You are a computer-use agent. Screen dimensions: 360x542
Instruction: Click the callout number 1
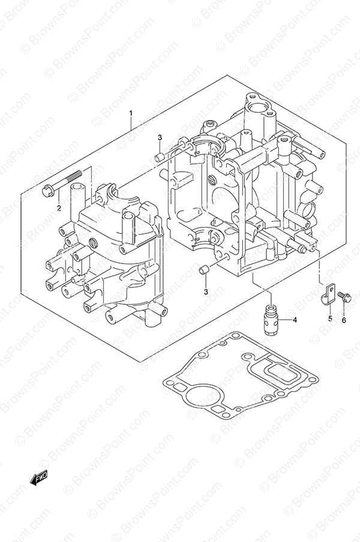pyautogui.click(x=131, y=113)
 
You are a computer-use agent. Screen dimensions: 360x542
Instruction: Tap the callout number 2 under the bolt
pyautogui.click(x=59, y=208)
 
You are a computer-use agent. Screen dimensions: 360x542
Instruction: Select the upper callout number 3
pyautogui.click(x=160, y=137)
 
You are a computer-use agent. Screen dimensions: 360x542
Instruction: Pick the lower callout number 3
pyautogui.click(x=206, y=292)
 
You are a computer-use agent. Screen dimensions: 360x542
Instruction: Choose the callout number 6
pyautogui.click(x=344, y=321)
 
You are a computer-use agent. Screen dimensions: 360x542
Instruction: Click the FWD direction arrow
pyautogui.click(x=38, y=478)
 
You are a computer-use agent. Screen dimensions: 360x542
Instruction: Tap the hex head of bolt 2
pyautogui.click(x=47, y=191)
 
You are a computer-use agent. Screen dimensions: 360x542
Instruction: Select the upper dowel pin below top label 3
pyautogui.click(x=159, y=157)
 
